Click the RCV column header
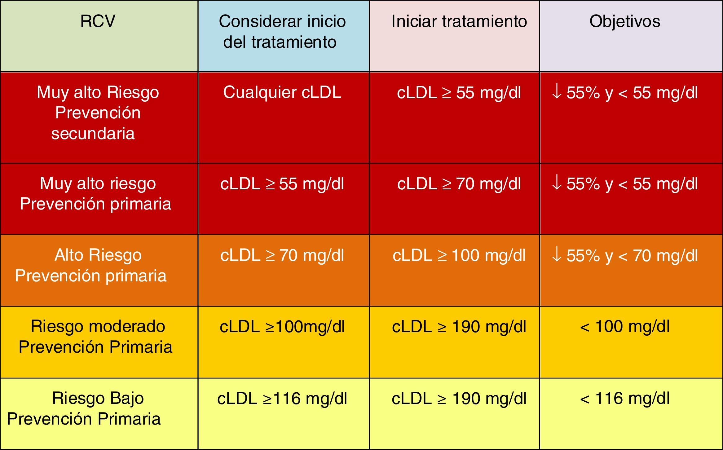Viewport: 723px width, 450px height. tap(98, 21)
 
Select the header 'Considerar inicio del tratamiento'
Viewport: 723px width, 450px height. tap(282, 32)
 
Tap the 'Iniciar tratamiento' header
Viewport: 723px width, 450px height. tap(459, 21)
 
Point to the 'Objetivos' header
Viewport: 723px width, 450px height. tap(625, 21)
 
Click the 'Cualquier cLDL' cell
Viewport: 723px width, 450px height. tap(282, 92)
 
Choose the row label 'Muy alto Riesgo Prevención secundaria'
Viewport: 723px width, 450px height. tap(98, 113)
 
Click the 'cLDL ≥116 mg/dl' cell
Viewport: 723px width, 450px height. tap(282, 399)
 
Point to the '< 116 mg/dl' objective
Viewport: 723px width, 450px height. tap(625, 399)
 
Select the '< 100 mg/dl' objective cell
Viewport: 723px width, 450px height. tap(625, 327)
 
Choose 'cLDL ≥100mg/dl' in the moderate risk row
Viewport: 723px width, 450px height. tap(282, 327)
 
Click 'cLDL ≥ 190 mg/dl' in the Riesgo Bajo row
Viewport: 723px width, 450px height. tap(459, 399)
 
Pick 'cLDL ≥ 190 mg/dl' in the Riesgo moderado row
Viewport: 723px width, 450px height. tap(459, 327)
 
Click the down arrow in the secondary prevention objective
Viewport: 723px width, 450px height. tap(557, 92)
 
